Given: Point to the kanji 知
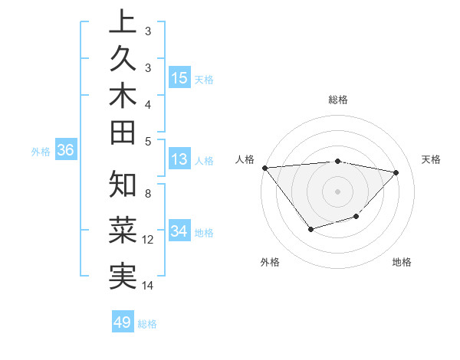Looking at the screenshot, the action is pyautogui.click(x=123, y=185).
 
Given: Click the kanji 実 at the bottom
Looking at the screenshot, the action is pyautogui.click(x=123, y=275).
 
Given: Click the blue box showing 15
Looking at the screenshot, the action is pyautogui.click(x=179, y=78).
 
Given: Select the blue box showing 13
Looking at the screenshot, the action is pyautogui.click(x=179, y=160).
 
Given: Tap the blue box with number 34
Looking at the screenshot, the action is pyautogui.click(x=179, y=232).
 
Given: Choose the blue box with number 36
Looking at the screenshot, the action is pyautogui.click(x=65, y=151).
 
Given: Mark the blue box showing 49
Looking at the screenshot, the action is pyautogui.click(x=123, y=322).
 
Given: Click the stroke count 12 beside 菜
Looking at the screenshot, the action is pyautogui.click(x=148, y=240).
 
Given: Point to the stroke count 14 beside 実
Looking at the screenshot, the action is pyautogui.click(x=148, y=286).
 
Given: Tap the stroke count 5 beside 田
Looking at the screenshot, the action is pyautogui.click(x=147, y=141).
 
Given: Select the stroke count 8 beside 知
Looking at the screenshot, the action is pyautogui.click(x=147, y=193).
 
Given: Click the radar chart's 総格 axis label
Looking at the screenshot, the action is pyautogui.click(x=337, y=100).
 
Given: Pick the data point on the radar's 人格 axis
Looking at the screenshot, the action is pyautogui.click(x=264, y=167).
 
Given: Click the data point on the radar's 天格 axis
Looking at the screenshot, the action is pyautogui.click(x=396, y=172).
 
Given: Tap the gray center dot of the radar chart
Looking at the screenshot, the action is pyautogui.click(x=337, y=191).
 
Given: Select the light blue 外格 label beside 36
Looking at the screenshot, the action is pyautogui.click(x=41, y=152).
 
